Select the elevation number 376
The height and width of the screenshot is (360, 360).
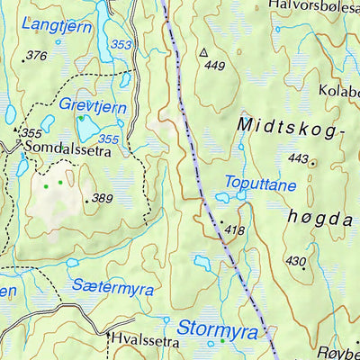pos(36,56)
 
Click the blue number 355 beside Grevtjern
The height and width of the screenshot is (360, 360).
pos(108,139)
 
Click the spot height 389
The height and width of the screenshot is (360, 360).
pos(102,199)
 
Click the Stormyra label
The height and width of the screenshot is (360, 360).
pos(217,328)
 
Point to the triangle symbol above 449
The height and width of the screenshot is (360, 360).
pos(204,52)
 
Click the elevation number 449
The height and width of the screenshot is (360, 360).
pos(214,66)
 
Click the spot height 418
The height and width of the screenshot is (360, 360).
pos(234,231)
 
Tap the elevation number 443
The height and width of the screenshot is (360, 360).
pos(298,159)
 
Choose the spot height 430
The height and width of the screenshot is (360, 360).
pos(295,261)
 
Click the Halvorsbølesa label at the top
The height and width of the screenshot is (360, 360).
pos(314,6)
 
